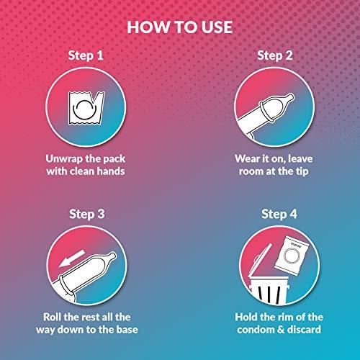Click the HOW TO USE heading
tap(180, 27)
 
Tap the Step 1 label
tap(86, 55)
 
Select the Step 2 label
tap(275, 55)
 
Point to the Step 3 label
tap(87, 214)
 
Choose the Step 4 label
tap(279, 214)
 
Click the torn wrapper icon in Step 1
tap(86, 108)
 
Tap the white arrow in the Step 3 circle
tap(72, 258)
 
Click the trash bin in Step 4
tap(269, 289)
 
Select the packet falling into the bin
tap(292, 256)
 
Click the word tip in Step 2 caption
tap(302, 172)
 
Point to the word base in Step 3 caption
tap(127, 330)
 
